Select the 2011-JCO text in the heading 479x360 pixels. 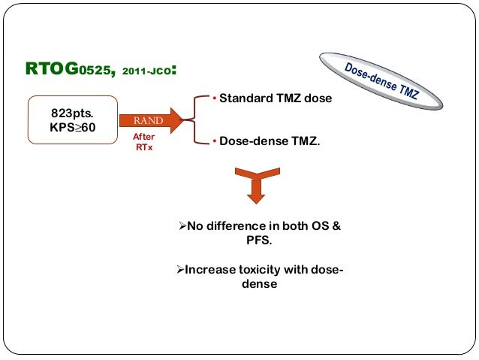(146, 73)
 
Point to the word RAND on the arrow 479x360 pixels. (149, 120)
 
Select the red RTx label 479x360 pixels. (143, 147)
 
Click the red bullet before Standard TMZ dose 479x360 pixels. (213, 99)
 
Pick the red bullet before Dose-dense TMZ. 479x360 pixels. (213, 141)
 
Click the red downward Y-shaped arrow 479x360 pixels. (256, 184)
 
